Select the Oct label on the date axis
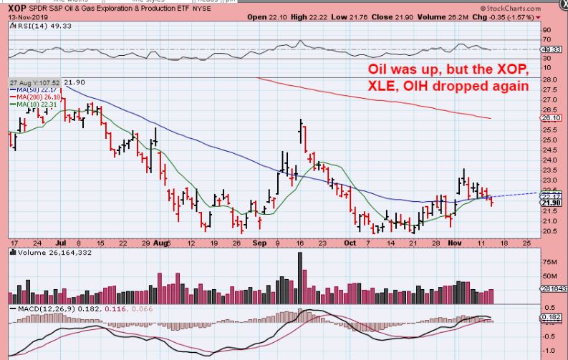point(350,243)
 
